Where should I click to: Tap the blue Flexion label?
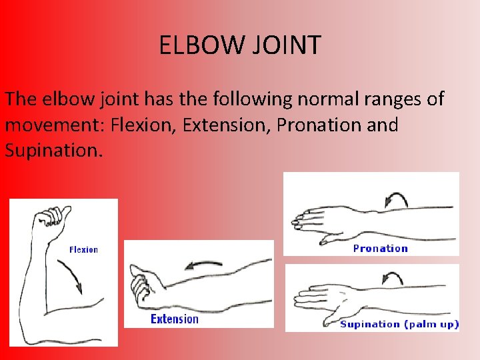83,250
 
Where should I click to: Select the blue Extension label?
175,319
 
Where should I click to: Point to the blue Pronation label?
380,249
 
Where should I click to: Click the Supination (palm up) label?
399,324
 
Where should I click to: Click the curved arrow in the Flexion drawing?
71,275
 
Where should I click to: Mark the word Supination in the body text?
51,150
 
